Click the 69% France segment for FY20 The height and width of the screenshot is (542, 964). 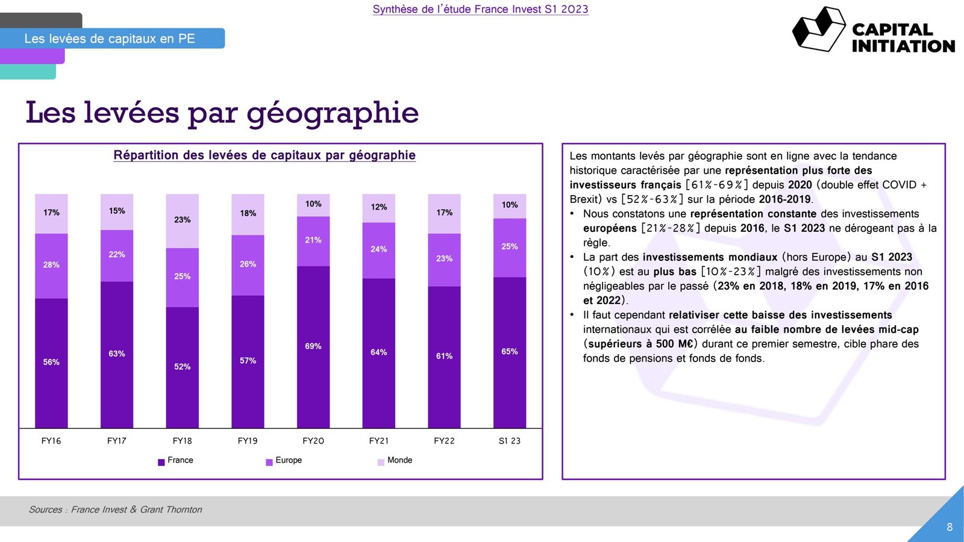pyautogui.click(x=313, y=347)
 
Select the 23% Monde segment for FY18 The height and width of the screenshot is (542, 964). pyautogui.click(x=182, y=220)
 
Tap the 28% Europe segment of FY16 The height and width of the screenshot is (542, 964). pyautogui.click(x=51, y=266)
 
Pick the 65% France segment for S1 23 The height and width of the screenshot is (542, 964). pyautogui.click(x=510, y=352)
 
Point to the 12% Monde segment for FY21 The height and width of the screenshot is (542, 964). pyautogui.click(x=378, y=208)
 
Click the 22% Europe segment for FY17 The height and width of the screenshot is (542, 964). pyautogui.click(x=117, y=255)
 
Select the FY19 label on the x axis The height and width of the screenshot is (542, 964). pyautogui.click(x=248, y=441)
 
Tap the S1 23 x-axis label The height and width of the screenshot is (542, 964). pyautogui.click(x=510, y=441)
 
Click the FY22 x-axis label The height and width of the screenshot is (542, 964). pyautogui.click(x=444, y=441)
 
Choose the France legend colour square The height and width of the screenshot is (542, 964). pyautogui.click(x=161, y=463)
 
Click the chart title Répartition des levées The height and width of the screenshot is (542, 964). pyautogui.click(x=264, y=155)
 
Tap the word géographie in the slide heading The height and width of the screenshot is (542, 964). pyautogui.click(x=333, y=113)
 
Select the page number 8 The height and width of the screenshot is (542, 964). pyautogui.click(x=950, y=527)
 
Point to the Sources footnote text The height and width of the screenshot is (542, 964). pyautogui.click(x=116, y=509)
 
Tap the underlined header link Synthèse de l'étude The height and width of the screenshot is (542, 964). pyautogui.click(x=480, y=9)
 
